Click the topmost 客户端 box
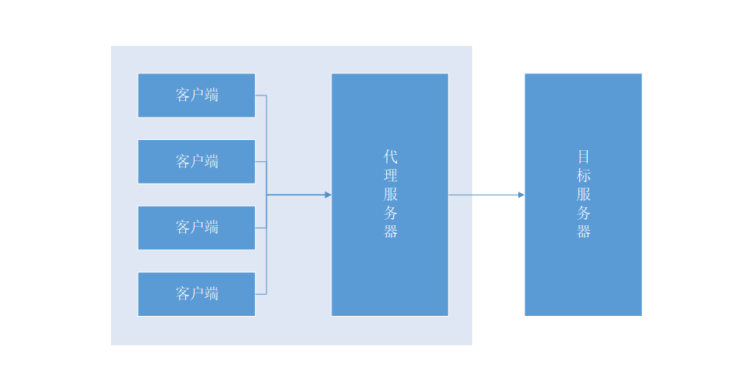pyautogui.click(x=196, y=95)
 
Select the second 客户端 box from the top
pyautogui.click(x=196, y=162)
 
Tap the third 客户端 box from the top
pyautogui.click(x=196, y=228)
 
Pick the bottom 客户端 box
pyautogui.click(x=196, y=294)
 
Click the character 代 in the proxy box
pyautogui.click(x=391, y=156)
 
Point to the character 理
pyautogui.click(x=391, y=175)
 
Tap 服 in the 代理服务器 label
pyautogui.click(x=391, y=194)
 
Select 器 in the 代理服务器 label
pyautogui.click(x=391, y=231)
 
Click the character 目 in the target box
pyautogui.click(x=584, y=156)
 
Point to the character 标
pyautogui.click(x=584, y=175)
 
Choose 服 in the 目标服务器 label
pyautogui.click(x=584, y=194)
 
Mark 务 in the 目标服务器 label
pyautogui.click(x=584, y=213)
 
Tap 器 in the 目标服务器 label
pyautogui.click(x=584, y=231)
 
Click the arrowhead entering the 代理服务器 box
pyautogui.click(x=328, y=195)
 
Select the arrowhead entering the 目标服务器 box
pyautogui.click(x=521, y=195)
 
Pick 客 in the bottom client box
pyautogui.click(x=182, y=294)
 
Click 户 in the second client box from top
pyautogui.click(x=196, y=162)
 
